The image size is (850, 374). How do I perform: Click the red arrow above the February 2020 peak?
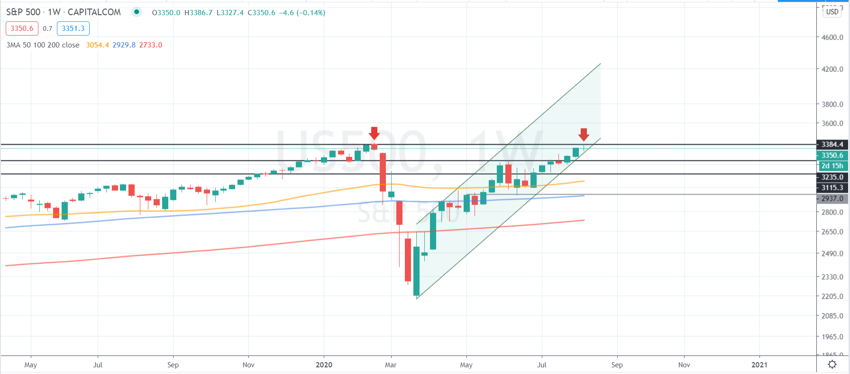[374, 133]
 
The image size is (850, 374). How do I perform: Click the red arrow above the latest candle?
[584, 134]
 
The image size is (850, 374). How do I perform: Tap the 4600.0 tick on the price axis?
[832, 37]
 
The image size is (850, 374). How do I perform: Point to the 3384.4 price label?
[832, 144]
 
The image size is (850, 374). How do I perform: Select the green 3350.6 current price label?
[832, 155]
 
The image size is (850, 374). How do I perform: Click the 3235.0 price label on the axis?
[832, 177]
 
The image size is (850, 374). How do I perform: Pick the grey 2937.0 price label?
[832, 198]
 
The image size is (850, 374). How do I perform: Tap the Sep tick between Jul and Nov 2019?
[173, 365]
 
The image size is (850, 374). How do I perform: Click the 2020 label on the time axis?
[324, 365]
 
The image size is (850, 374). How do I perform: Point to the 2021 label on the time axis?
[759, 365]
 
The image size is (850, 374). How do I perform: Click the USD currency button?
[832, 12]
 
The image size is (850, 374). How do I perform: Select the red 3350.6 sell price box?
[22, 28]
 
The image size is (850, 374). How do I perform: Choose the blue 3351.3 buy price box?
[73, 28]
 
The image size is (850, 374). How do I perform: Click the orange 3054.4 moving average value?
[97, 45]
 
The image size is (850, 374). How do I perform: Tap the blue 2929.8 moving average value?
[124, 45]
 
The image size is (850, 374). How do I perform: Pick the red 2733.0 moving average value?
[150, 45]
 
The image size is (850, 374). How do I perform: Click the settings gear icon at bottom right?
[832, 365]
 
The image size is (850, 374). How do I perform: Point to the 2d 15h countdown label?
[832, 166]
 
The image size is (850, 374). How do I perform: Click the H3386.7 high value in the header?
[198, 13]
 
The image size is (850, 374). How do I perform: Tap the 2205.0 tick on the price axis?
[832, 296]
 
